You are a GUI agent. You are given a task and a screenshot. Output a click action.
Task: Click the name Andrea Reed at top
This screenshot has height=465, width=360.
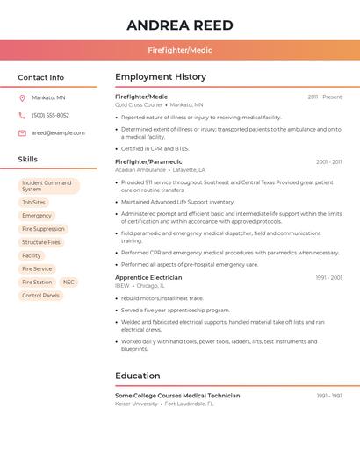pos(180,25)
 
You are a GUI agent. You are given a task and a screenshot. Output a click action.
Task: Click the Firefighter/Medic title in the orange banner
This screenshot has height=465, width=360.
pos(180,50)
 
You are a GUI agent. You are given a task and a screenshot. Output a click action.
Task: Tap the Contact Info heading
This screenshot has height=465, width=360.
pos(40,77)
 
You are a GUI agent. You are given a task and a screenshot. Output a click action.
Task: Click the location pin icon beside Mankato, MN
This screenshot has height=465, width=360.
pos(22,97)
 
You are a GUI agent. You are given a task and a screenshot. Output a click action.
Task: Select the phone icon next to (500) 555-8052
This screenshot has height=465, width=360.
pos(22,115)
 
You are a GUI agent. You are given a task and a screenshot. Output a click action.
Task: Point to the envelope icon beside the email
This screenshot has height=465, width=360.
pos(22,132)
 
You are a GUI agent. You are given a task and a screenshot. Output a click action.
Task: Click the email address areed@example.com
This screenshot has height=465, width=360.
pos(58,132)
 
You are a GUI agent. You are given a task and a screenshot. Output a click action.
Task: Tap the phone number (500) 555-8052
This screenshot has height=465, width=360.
pos(50,115)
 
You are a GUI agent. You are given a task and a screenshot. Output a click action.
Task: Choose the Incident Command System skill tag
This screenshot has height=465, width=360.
pos(48,186)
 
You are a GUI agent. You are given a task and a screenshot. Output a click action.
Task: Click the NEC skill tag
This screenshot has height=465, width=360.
pos(68,283)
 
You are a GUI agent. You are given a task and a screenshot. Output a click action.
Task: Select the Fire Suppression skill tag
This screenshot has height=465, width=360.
pos(43,229)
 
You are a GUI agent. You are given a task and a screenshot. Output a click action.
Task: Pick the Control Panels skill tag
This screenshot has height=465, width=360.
pos(40,296)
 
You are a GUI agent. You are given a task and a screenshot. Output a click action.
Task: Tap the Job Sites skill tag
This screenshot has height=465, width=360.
pos(33,202)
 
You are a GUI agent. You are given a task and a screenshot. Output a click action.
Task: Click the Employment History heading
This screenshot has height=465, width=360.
pos(160,76)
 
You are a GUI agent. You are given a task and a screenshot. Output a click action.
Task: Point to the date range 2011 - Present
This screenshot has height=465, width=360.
pos(324,97)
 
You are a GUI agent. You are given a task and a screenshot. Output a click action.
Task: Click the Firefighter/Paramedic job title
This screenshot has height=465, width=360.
pos(148,161)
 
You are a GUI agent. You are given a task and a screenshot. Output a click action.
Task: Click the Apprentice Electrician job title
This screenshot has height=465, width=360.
pos(148,277)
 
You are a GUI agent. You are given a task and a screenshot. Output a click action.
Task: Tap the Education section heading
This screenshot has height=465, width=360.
pos(137,376)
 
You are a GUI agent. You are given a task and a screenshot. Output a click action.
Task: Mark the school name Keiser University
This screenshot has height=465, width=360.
pos(136,404)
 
